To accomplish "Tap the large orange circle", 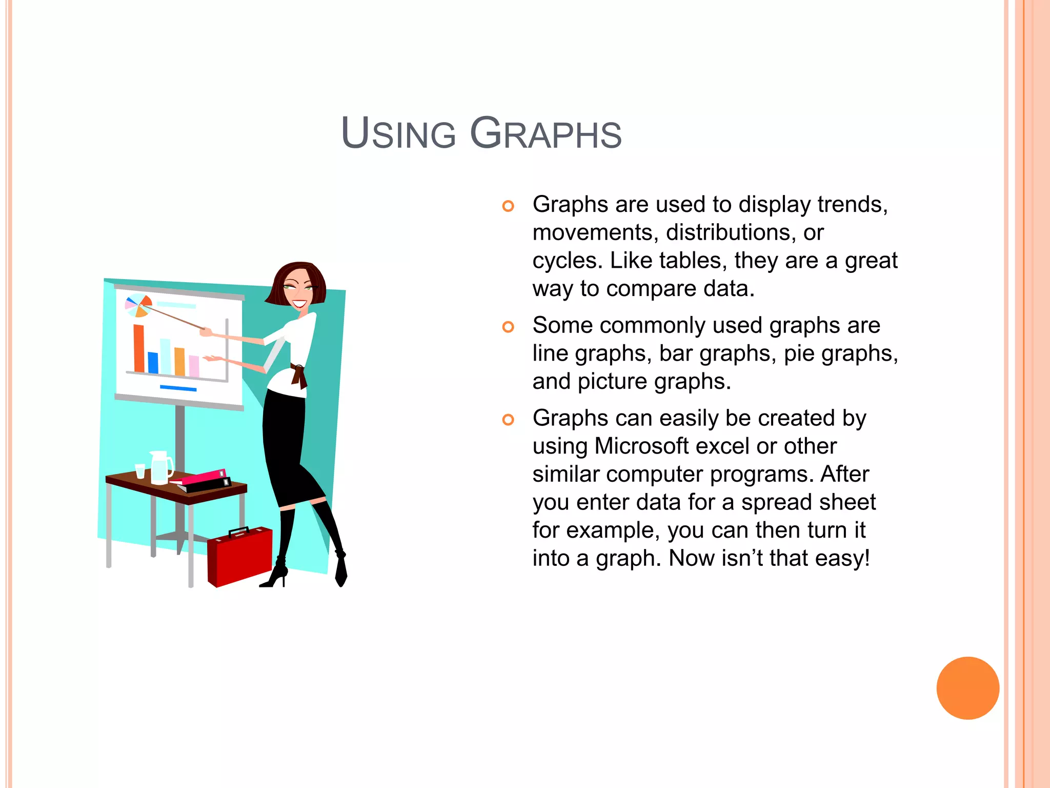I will click(967, 688).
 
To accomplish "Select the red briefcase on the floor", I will click(239, 557).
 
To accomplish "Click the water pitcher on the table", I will click(161, 468).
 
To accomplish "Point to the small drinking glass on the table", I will click(140, 471).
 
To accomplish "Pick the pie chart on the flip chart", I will click(138, 306).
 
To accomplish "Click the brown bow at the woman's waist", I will click(298, 376).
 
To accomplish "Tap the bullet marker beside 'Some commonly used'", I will click(508, 327).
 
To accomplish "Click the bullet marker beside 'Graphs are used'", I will click(508, 206).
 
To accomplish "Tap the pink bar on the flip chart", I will click(194, 366).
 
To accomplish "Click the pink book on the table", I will click(204, 477).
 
